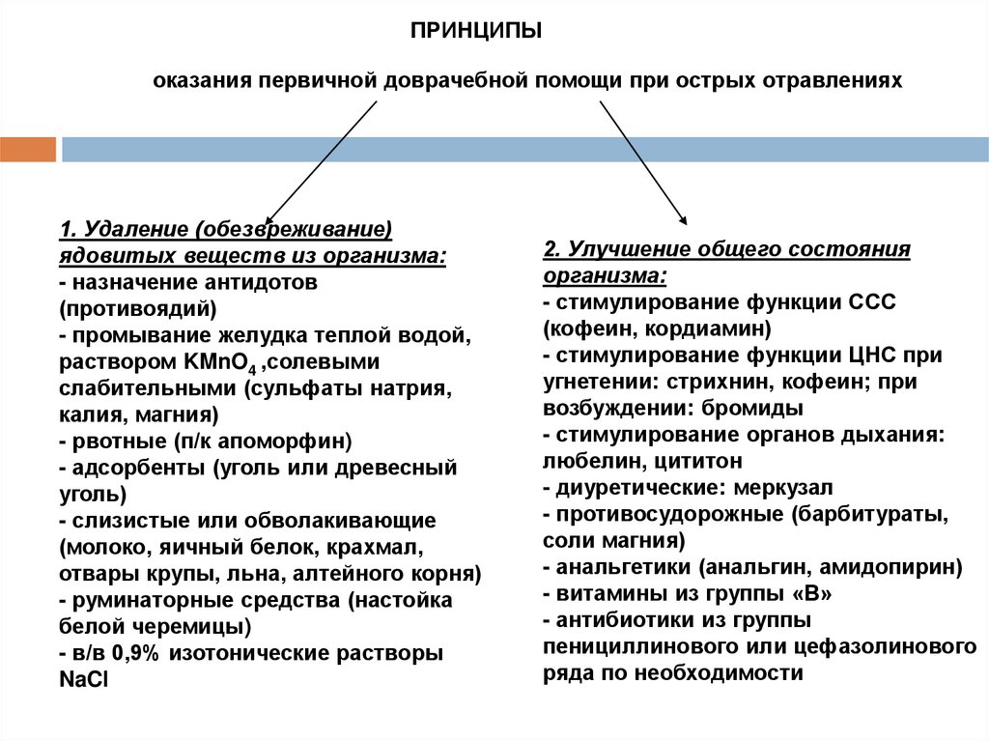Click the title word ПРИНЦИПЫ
[477, 33]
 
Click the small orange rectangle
[28, 149]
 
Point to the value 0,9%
[134, 653]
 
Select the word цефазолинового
[899, 645]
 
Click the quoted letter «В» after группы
[808, 592]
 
